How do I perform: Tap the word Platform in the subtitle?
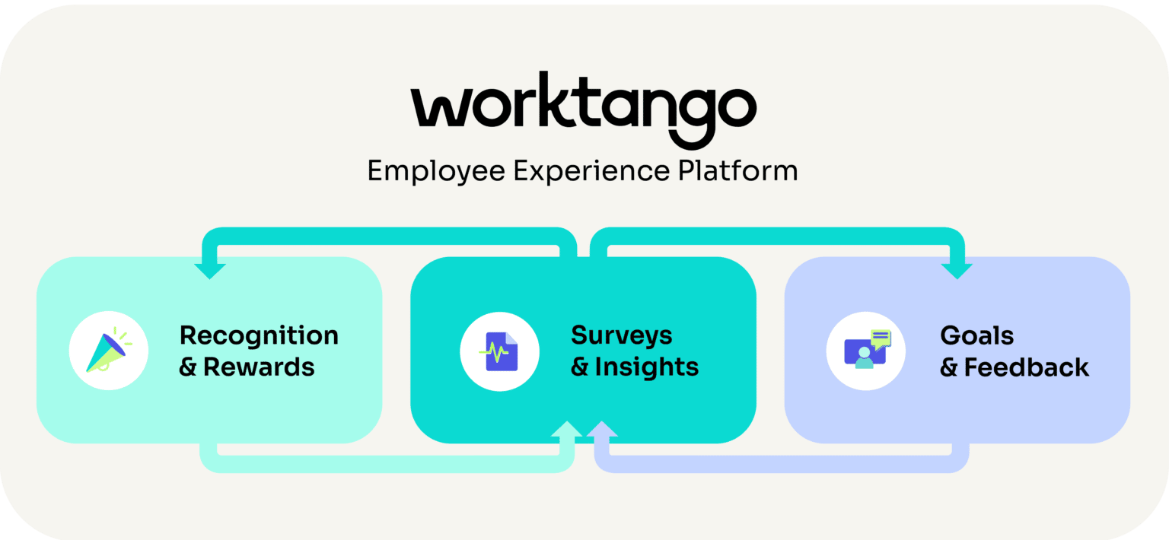(x=737, y=170)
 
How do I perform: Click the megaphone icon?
(x=107, y=351)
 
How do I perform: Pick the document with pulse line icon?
(x=500, y=352)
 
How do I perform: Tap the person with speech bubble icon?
(x=866, y=351)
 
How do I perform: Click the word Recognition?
(x=259, y=335)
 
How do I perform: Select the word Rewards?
(x=259, y=367)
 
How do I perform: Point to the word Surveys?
(x=622, y=335)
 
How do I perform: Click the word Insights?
(x=647, y=367)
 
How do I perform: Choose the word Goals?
(x=977, y=335)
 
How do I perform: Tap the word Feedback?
(x=1027, y=368)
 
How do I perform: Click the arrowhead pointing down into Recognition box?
(x=210, y=270)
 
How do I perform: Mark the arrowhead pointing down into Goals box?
(x=957, y=270)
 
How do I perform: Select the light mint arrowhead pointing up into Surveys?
(x=566, y=430)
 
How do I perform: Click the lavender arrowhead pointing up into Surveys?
(x=602, y=430)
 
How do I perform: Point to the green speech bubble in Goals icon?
(x=881, y=338)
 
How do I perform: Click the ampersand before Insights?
(x=580, y=368)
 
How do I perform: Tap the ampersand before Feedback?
(x=949, y=369)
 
